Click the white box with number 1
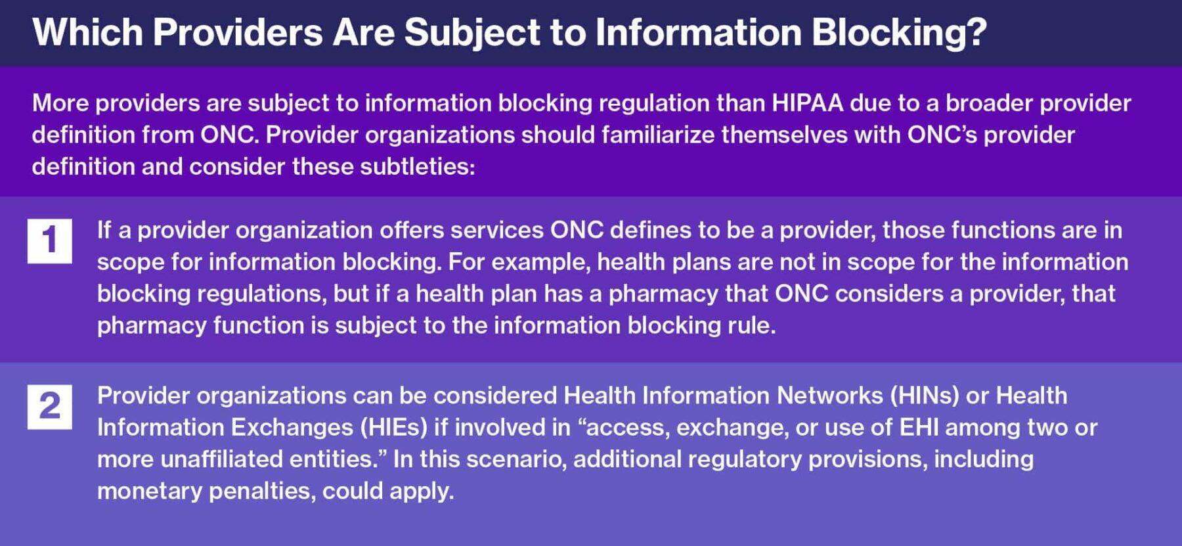[50, 240]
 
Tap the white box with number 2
[50, 407]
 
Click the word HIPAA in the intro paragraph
[807, 103]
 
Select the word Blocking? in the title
[899, 32]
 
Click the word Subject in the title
[471, 32]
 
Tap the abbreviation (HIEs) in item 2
[393, 427]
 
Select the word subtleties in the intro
[416, 166]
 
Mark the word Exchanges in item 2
[292, 427]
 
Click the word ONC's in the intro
[942, 135]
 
